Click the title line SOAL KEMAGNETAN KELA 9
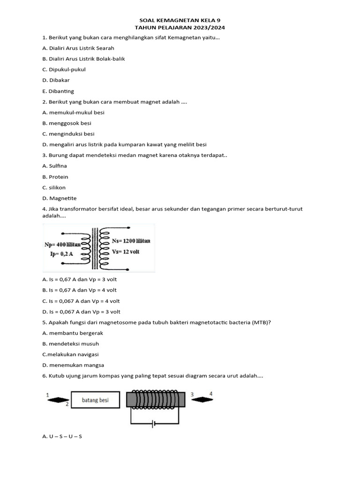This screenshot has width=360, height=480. [x=180, y=21]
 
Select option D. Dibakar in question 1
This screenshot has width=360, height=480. [x=56, y=80]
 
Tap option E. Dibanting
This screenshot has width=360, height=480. [x=58, y=91]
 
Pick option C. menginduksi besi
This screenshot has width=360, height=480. [x=68, y=134]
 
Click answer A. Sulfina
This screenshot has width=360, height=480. [x=54, y=166]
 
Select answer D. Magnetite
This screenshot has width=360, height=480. [x=59, y=198]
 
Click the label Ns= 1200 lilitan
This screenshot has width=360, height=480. [x=131, y=241]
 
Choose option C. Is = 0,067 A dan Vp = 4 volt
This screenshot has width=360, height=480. [x=81, y=301]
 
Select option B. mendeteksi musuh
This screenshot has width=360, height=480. [x=70, y=344]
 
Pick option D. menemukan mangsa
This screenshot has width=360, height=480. [x=73, y=365]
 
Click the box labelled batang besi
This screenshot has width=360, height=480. [x=95, y=400]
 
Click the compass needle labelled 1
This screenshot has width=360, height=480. [x=56, y=400]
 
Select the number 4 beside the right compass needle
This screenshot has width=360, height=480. [x=211, y=394]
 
